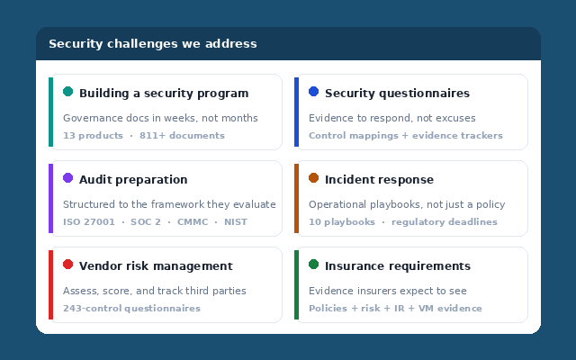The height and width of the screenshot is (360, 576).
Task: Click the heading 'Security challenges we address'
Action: click(x=152, y=44)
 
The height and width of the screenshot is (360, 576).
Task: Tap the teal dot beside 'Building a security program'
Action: click(x=67, y=92)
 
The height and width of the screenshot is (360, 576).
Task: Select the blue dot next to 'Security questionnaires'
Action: click(x=313, y=92)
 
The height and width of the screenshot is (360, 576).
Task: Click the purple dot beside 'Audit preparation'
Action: click(x=67, y=178)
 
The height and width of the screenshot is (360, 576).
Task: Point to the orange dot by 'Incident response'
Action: click(x=313, y=178)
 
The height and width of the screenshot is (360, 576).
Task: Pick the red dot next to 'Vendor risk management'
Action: click(x=67, y=265)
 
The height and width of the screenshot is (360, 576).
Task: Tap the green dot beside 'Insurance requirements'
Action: click(x=313, y=265)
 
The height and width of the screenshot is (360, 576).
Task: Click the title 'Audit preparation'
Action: click(x=133, y=180)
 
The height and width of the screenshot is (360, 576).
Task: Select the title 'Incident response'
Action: click(x=379, y=180)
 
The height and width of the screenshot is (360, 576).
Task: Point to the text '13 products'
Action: click(x=93, y=136)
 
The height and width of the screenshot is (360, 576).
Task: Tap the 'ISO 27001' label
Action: click(x=89, y=222)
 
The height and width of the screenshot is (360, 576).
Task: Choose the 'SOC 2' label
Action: click(x=146, y=222)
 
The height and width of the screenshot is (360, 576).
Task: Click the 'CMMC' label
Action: click(x=193, y=222)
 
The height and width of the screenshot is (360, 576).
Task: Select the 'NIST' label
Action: click(x=235, y=222)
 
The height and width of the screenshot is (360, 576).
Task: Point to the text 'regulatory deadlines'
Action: click(x=444, y=222)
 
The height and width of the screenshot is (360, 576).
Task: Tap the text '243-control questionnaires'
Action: click(x=131, y=309)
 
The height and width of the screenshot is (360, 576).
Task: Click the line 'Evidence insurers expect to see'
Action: click(x=388, y=291)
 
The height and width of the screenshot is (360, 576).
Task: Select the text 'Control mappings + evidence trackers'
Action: click(x=406, y=136)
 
